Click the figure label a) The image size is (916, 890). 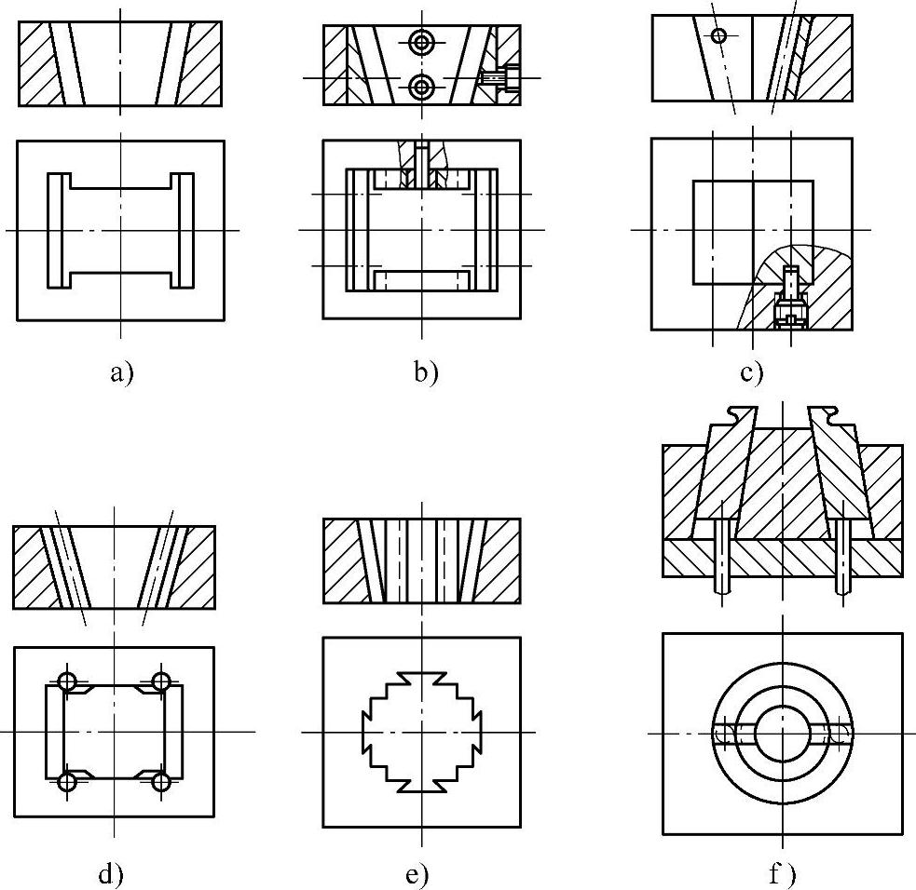(x=121, y=374)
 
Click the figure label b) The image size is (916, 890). (x=425, y=374)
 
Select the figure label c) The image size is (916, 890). (x=751, y=374)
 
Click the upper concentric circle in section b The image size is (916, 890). (x=422, y=42)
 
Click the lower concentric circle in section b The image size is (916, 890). (x=422, y=88)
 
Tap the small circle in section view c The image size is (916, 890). (x=718, y=35)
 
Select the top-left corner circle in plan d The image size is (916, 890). (x=66, y=681)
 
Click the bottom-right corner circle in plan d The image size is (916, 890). (x=161, y=781)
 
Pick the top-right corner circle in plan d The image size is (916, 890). (x=161, y=681)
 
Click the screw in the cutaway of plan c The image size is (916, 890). (x=790, y=298)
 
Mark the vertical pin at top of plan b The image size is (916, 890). (x=421, y=164)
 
